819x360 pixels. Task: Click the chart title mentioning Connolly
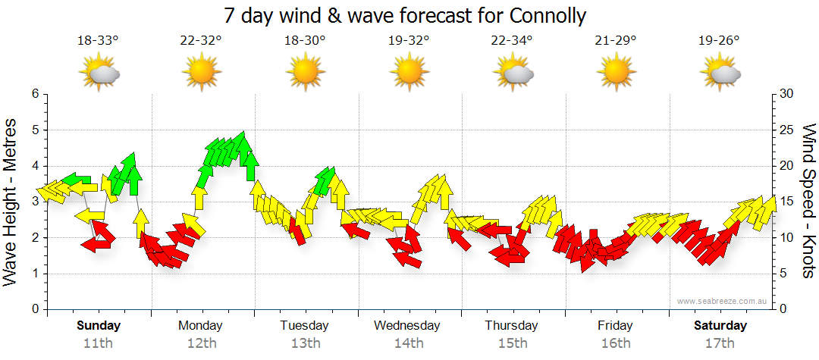(x=406, y=16)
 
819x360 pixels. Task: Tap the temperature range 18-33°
(x=98, y=41)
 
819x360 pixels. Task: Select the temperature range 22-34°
(x=512, y=41)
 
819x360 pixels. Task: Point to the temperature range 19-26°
(x=719, y=41)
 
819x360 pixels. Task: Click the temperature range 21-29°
(x=615, y=41)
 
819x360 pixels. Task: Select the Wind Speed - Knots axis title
(x=808, y=202)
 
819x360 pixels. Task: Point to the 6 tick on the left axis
(x=34, y=94)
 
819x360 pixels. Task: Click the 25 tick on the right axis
(x=786, y=130)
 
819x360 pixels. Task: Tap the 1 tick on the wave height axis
(x=34, y=274)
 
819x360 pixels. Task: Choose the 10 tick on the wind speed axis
(x=786, y=238)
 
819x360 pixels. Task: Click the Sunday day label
(x=99, y=326)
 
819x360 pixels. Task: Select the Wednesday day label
(x=407, y=326)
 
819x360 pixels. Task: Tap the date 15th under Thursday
(x=512, y=343)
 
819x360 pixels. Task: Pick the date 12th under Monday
(x=201, y=343)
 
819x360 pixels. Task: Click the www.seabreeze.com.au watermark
(x=723, y=301)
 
